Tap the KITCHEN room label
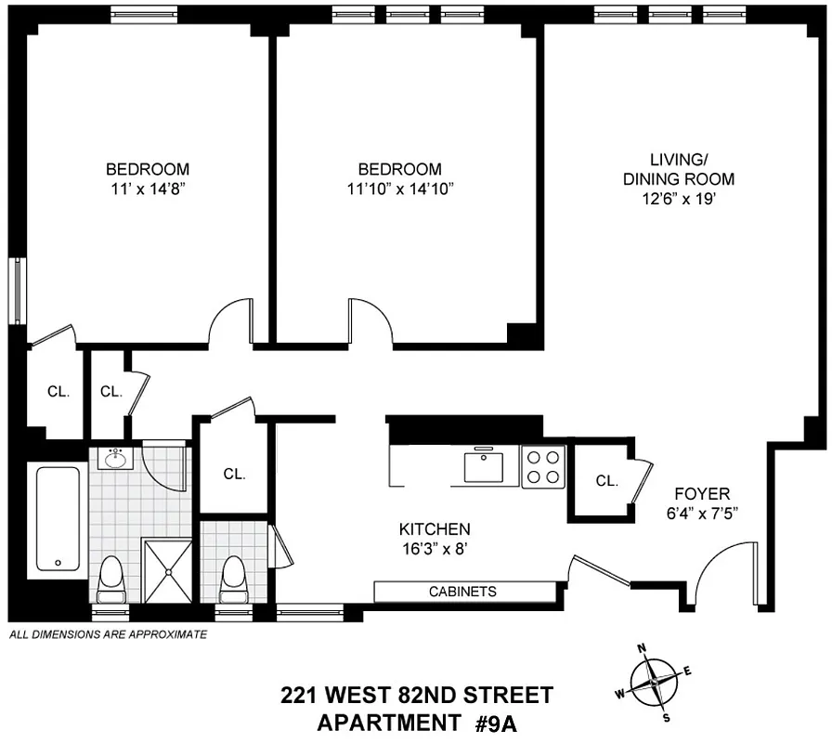click(x=429, y=528)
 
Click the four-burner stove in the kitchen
click(x=543, y=466)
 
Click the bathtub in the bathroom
click(x=58, y=519)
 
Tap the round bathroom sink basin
click(x=116, y=459)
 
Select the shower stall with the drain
click(x=168, y=567)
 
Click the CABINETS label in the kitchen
click(x=462, y=592)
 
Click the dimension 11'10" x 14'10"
click(x=400, y=188)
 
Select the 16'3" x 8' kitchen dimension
click(x=429, y=548)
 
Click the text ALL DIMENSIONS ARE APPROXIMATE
click(x=108, y=635)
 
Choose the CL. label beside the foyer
click(x=606, y=481)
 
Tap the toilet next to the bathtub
click(x=111, y=578)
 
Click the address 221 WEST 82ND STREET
click(x=417, y=695)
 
